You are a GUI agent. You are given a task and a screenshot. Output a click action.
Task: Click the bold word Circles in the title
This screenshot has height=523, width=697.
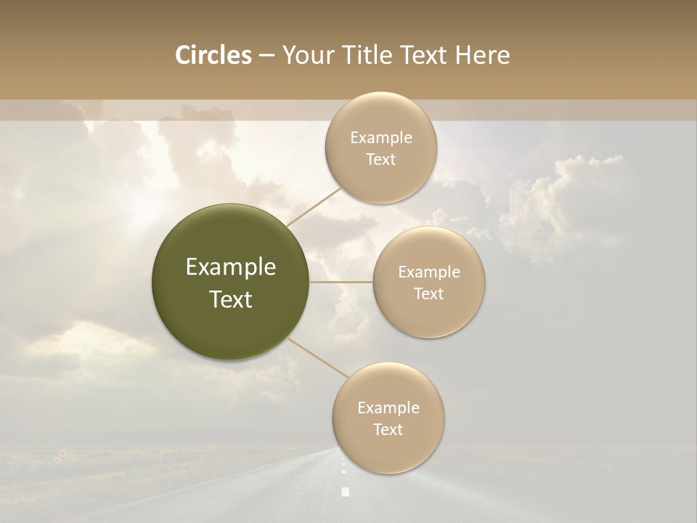[x=213, y=55]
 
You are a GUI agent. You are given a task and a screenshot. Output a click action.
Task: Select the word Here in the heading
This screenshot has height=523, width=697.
[x=483, y=55]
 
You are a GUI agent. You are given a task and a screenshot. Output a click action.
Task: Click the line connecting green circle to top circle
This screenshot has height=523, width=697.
[x=314, y=206]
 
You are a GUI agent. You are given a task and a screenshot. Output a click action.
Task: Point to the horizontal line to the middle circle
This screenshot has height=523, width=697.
[x=341, y=282]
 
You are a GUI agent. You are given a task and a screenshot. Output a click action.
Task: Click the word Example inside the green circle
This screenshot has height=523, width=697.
[x=230, y=267]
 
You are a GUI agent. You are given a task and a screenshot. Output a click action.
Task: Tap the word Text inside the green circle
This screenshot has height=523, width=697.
[x=230, y=299]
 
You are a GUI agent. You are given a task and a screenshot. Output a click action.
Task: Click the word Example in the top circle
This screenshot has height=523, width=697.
[x=380, y=137]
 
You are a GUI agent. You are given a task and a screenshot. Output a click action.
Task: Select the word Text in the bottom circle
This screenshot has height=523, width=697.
[x=388, y=429]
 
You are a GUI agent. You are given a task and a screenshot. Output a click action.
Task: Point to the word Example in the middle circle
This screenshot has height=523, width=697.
[x=428, y=272]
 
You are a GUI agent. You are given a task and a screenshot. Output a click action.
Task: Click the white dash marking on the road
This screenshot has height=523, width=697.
[x=345, y=492]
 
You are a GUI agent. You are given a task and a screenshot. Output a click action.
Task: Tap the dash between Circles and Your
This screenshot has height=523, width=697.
[x=266, y=55]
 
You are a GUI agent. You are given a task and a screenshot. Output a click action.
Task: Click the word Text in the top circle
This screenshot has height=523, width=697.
[x=380, y=159]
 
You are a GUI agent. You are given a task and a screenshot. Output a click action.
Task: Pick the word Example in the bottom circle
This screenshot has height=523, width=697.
[x=388, y=408]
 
